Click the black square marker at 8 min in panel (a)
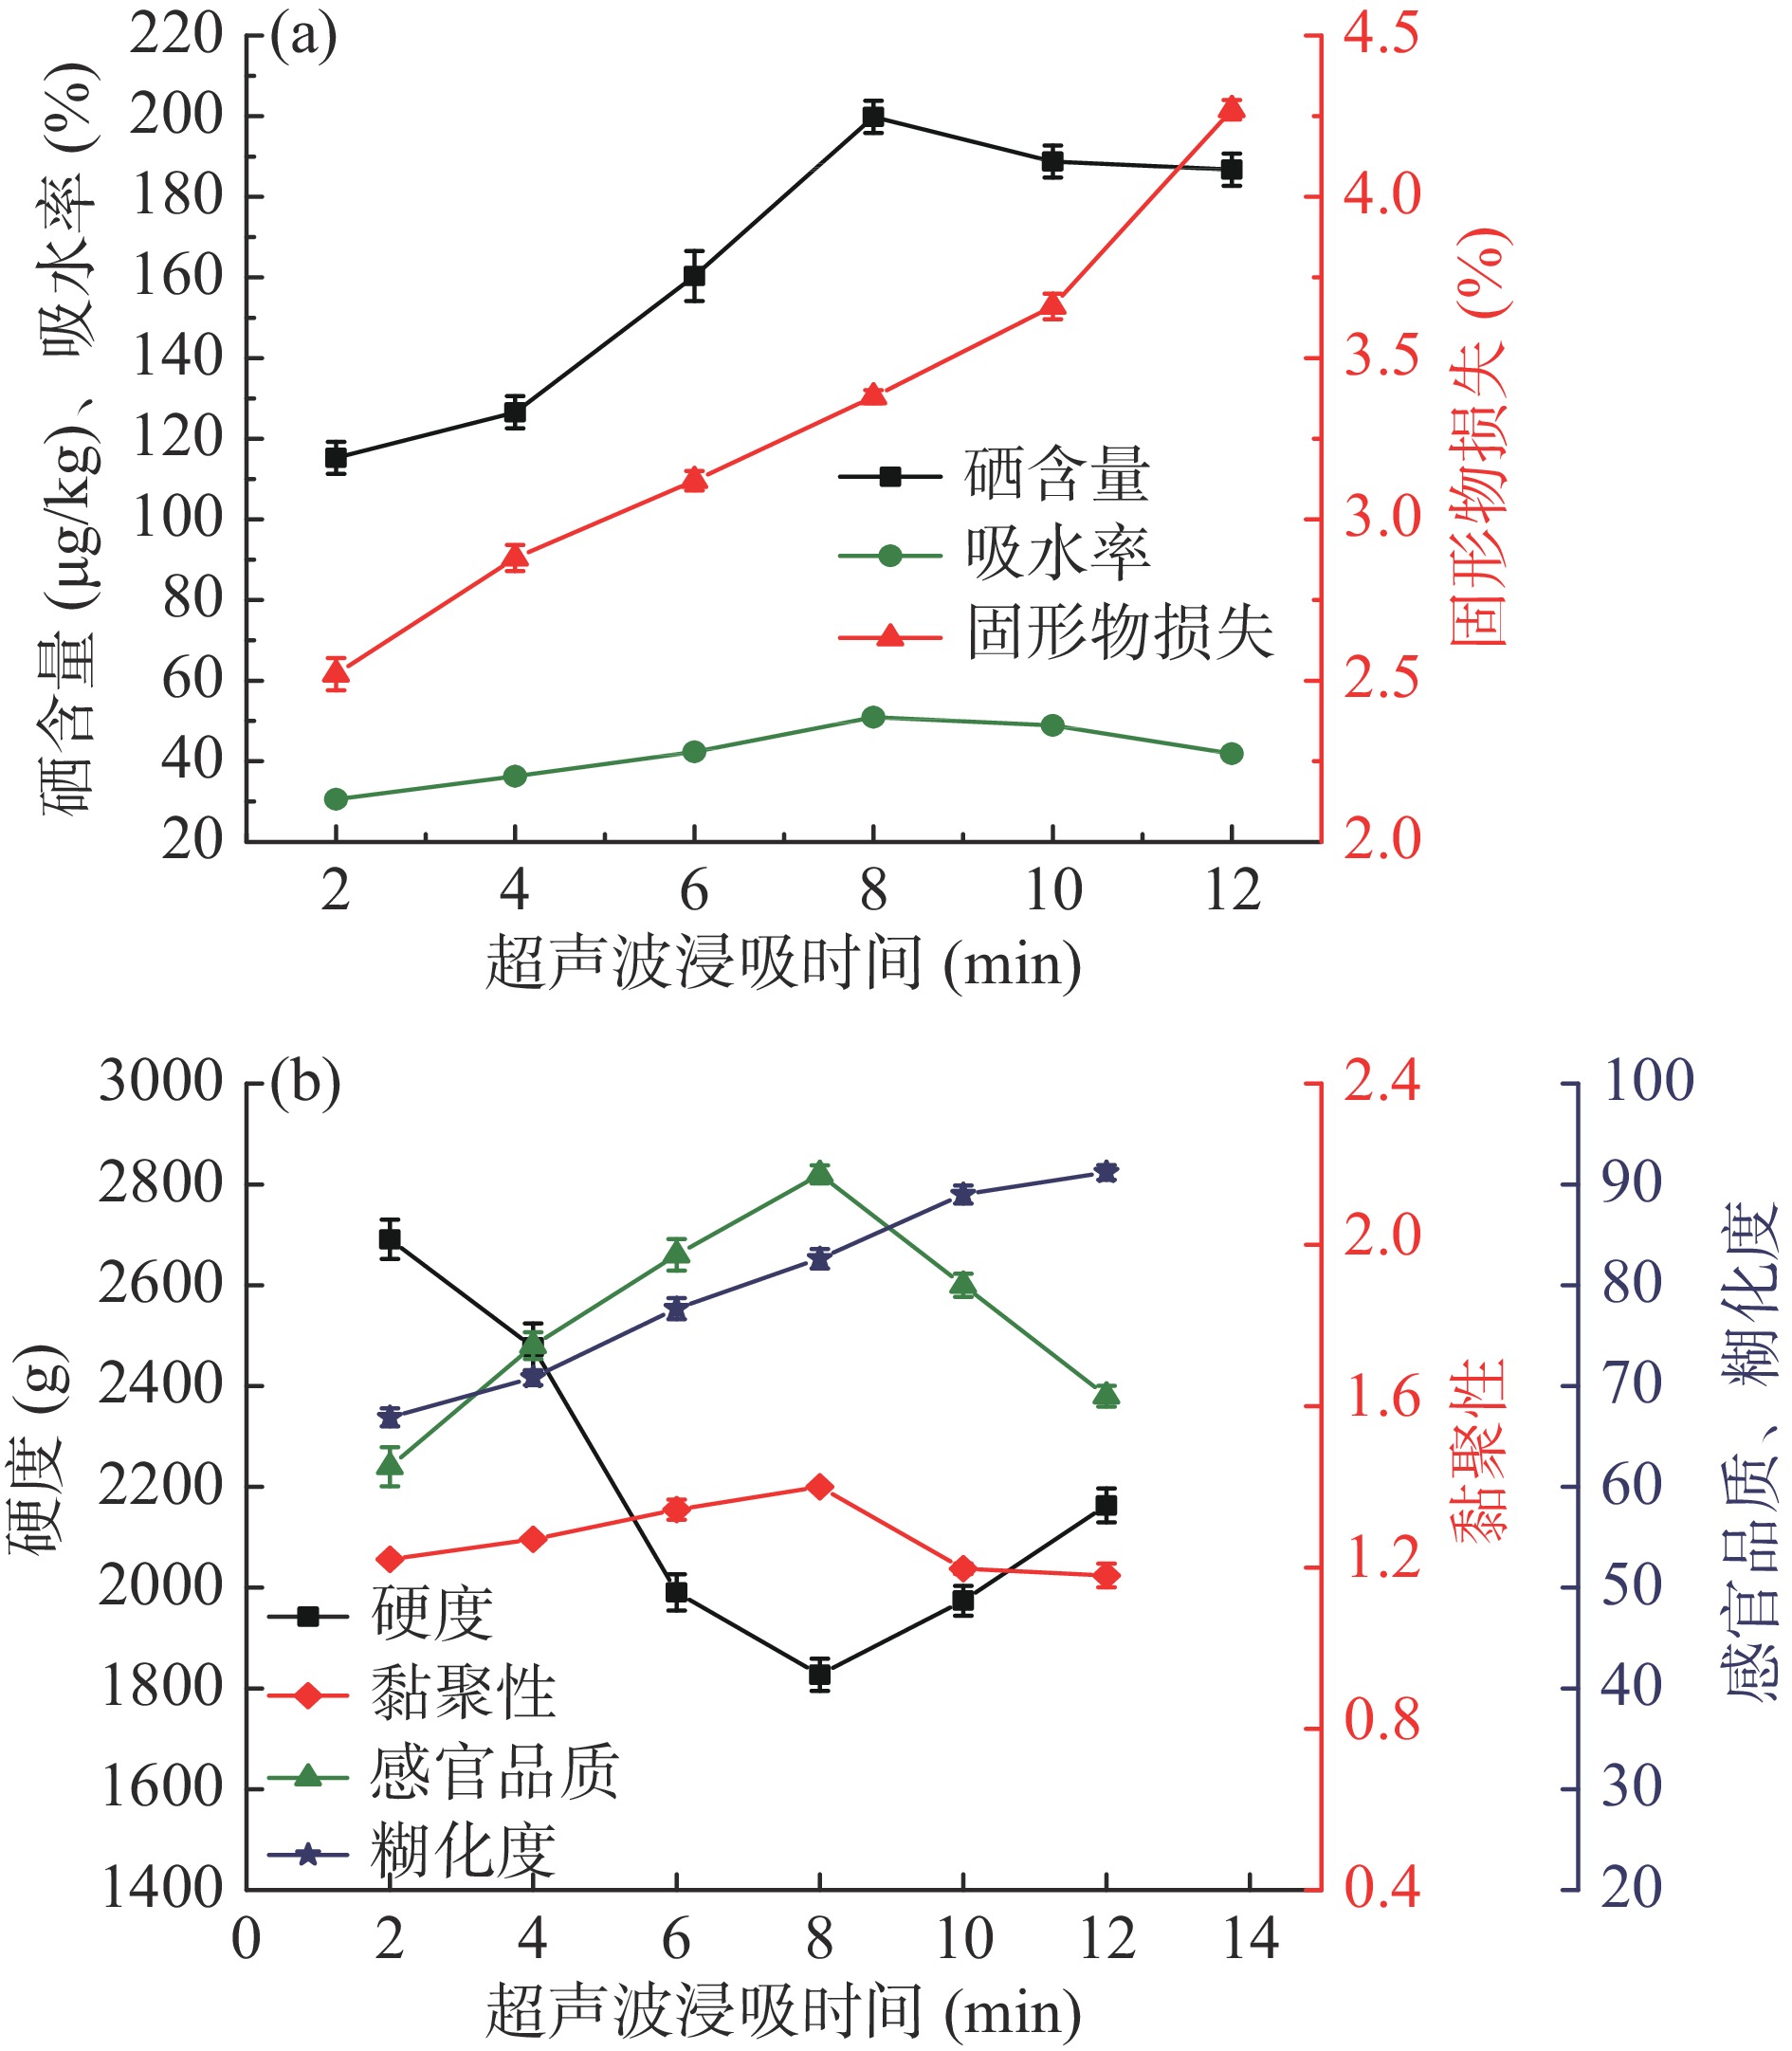point(873,117)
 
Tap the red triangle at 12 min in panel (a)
point(1231,109)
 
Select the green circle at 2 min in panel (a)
point(336,799)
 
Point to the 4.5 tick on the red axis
point(1380,35)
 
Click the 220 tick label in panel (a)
point(176,35)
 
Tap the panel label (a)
point(302,37)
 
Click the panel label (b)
point(304,1083)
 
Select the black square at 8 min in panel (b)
point(820,1674)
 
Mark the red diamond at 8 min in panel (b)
point(820,1487)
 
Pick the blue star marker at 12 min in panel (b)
point(1106,1172)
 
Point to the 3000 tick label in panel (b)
point(160,1082)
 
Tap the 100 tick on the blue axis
point(1648,1082)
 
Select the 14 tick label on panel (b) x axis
point(1250,1939)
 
